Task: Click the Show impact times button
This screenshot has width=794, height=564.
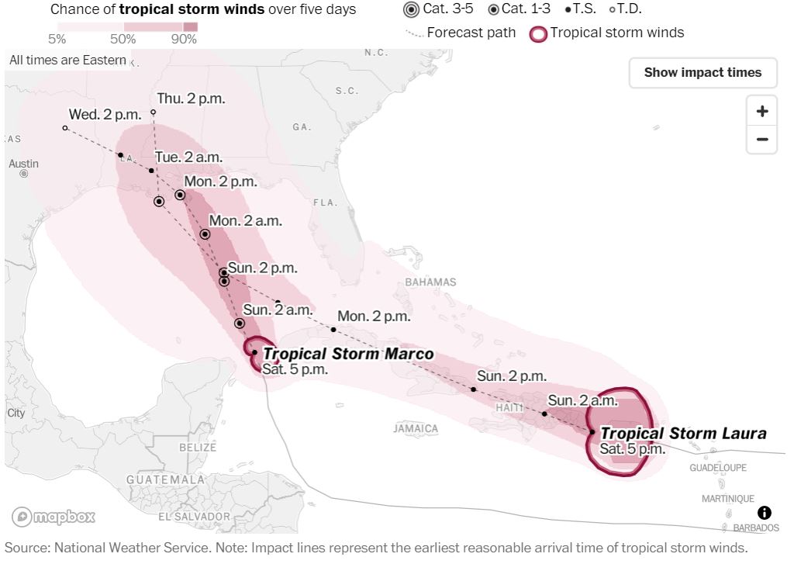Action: [703, 73]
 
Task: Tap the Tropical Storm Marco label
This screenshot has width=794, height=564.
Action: [348, 355]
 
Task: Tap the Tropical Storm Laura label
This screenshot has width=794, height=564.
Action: [683, 434]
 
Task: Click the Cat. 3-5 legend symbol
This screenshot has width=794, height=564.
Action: [411, 10]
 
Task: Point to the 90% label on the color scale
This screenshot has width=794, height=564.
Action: [184, 40]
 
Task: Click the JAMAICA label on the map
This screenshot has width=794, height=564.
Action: [416, 428]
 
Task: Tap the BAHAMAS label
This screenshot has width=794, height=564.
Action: [430, 282]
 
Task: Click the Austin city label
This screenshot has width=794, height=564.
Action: [23, 164]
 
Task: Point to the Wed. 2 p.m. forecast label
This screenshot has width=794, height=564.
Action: [105, 114]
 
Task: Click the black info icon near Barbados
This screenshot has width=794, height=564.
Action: [764, 512]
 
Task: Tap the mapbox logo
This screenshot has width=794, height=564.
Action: [54, 516]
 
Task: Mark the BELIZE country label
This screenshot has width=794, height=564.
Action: [197, 447]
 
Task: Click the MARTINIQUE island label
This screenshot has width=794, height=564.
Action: [727, 498]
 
